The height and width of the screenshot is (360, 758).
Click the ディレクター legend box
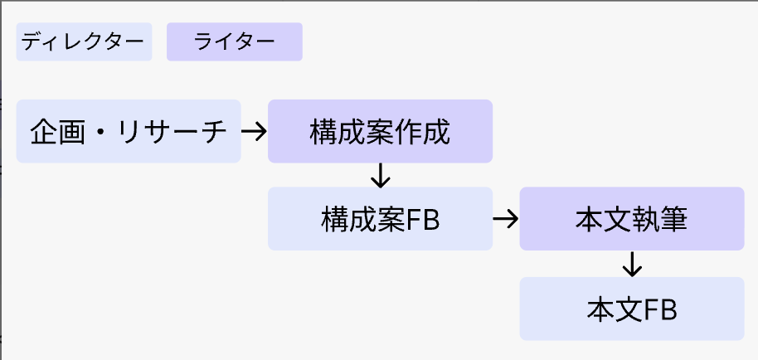[84, 41]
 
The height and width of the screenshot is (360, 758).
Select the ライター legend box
[235, 41]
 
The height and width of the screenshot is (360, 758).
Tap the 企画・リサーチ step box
[129, 131]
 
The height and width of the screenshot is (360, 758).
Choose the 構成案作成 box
[380, 131]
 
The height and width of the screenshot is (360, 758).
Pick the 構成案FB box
[380, 219]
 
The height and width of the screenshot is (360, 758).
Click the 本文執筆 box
[632, 219]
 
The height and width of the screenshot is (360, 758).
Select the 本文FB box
[632, 309]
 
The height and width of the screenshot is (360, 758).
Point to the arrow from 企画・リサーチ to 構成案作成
[254, 131]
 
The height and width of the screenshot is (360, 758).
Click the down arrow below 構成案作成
[380, 175]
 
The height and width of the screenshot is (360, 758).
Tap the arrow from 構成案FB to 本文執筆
[506, 219]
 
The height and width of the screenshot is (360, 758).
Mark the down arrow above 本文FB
[632, 264]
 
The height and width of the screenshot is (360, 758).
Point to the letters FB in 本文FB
[661, 309]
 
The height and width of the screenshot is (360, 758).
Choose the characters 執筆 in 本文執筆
[659, 219]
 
